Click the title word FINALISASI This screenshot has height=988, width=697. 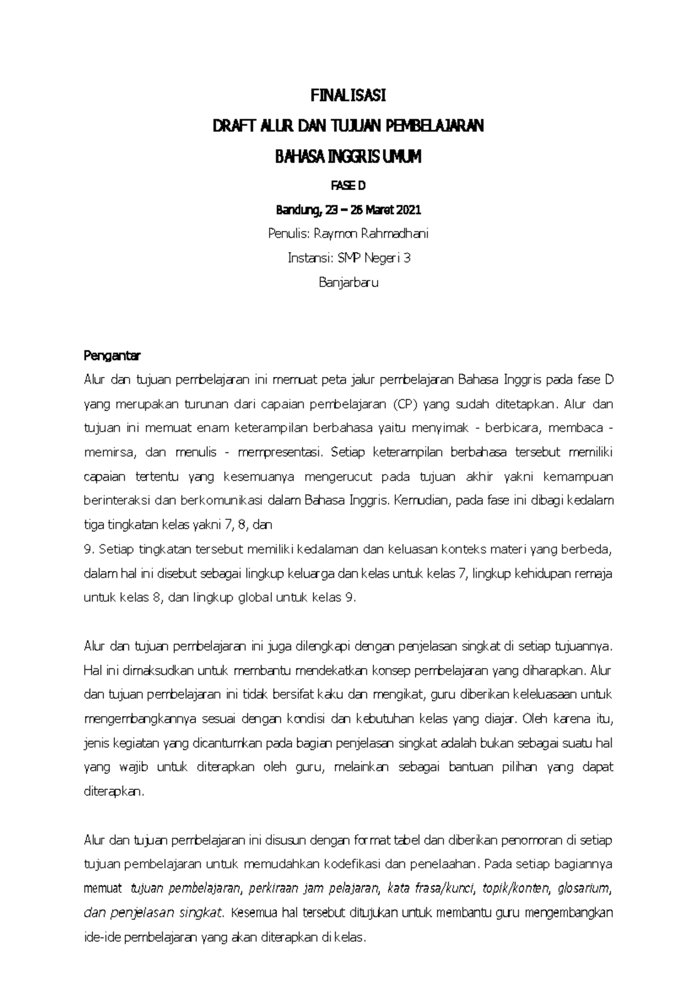[348, 95]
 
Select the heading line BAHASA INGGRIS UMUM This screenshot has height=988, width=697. [348, 157]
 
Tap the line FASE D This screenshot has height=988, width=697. [348, 186]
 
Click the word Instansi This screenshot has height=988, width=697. [306, 258]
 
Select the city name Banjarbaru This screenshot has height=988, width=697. [348, 283]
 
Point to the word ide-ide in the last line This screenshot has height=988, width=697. [102, 937]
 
